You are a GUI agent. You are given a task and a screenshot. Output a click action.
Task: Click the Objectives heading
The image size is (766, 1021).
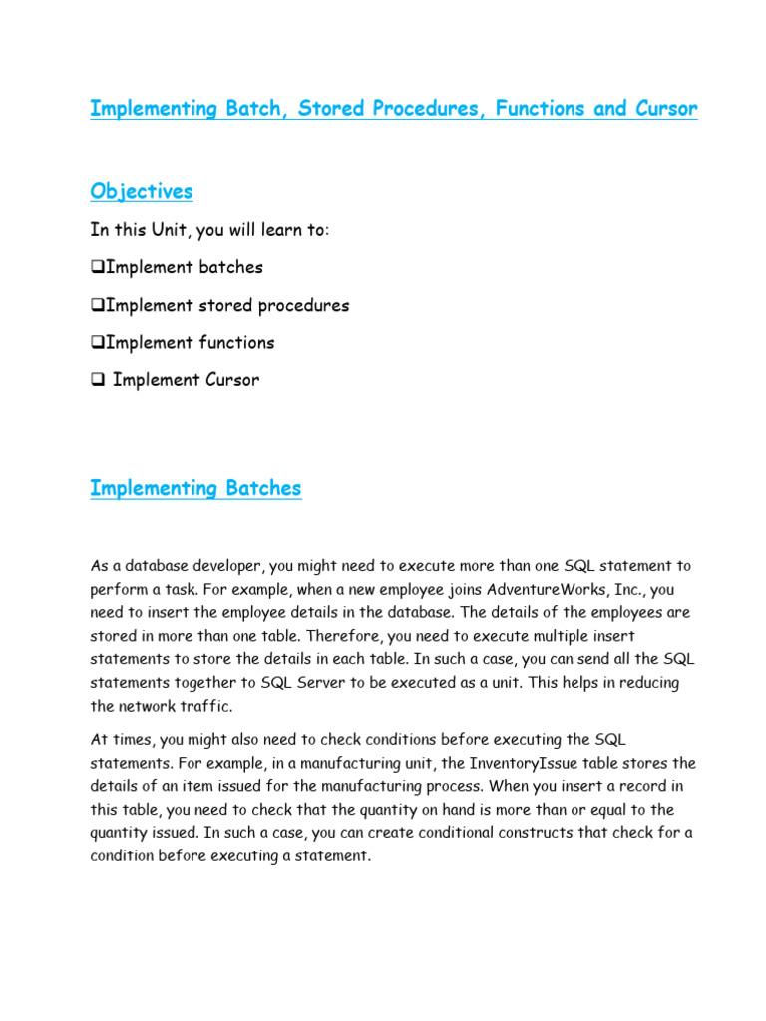point(141,191)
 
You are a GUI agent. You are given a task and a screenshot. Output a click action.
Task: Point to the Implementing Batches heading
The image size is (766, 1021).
point(195,488)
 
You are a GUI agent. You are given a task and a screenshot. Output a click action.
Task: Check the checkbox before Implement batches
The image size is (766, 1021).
point(97,268)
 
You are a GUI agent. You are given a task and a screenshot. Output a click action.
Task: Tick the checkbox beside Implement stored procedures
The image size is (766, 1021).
point(97,306)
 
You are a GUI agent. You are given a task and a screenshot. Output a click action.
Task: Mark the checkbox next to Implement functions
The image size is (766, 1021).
point(97,343)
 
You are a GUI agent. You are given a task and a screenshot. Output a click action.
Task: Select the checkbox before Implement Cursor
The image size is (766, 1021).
point(97,380)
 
